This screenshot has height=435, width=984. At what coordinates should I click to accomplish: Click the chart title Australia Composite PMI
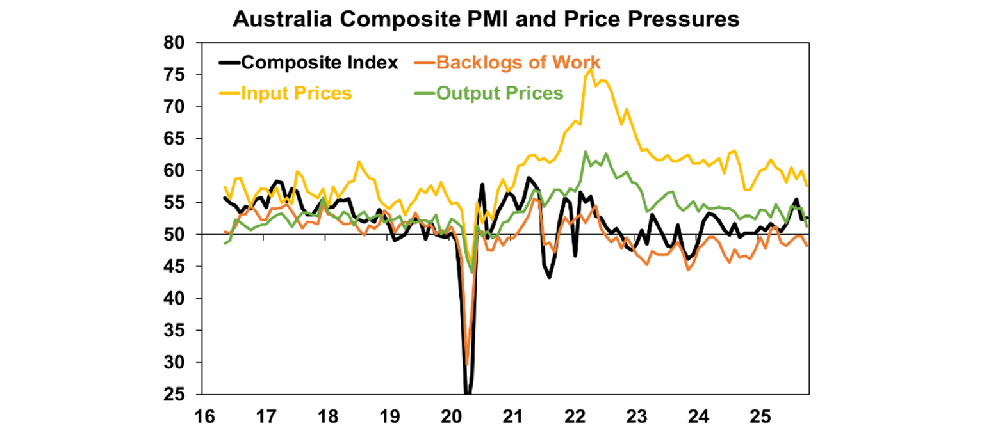485,20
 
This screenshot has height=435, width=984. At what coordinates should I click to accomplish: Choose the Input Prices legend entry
297,93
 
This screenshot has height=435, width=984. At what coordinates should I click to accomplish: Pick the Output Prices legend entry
499,93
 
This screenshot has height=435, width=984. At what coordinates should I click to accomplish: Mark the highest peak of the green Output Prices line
585,152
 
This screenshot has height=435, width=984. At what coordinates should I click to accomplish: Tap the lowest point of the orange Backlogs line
467,363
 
